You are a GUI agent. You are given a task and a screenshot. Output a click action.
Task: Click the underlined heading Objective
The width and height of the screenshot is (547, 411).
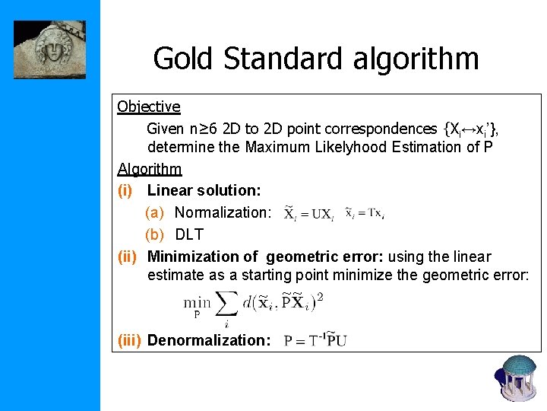click(x=149, y=107)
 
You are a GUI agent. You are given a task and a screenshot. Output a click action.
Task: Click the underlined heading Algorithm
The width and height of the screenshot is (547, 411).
click(x=150, y=168)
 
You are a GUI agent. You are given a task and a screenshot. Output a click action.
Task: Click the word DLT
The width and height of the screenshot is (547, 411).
click(x=189, y=234)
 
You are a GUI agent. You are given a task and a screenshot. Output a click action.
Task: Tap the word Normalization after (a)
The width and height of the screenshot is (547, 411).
click(x=223, y=212)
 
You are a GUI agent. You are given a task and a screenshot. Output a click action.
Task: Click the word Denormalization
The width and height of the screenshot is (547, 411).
click(x=209, y=339)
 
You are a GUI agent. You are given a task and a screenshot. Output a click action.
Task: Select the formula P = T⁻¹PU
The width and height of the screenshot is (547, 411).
click(x=315, y=340)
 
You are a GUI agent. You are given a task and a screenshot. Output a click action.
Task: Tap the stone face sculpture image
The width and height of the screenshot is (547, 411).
click(x=49, y=49)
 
